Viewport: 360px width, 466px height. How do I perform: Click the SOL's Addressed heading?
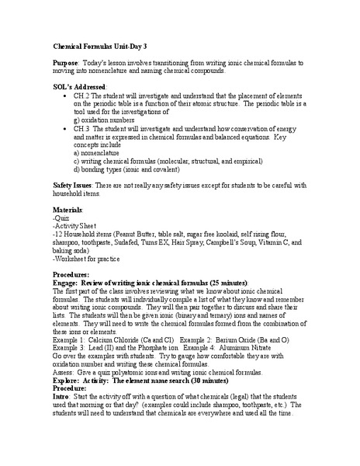pyautogui.click(x=83, y=86)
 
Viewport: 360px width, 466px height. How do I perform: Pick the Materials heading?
pyautogui.click(x=67, y=210)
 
